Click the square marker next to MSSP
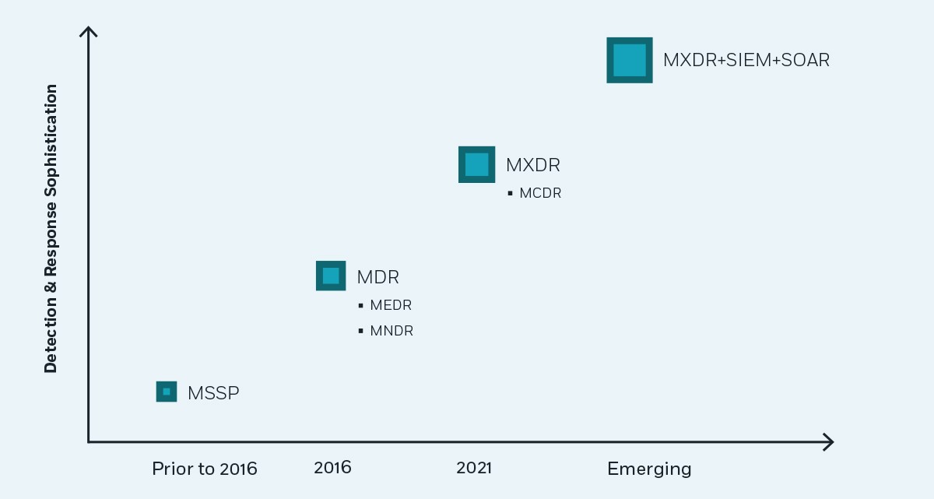[x=167, y=392]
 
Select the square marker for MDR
[x=331, y=276]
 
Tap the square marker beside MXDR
[x=476, y=164]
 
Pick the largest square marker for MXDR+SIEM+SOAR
[x=630, y=60]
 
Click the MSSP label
[x=213, y=393]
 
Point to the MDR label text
[x=377, y=277]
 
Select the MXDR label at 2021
[x=532, y=165]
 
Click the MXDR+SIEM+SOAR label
[x=746, y=60]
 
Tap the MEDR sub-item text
[x=391, y=305]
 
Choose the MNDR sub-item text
[x=392, y=331]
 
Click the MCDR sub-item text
[x=540, y=193]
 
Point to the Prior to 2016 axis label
[x=205, y=469]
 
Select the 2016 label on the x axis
[x=332, y=468]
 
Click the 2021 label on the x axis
[x=474, y=468]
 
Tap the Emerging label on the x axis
[x=649, y=469]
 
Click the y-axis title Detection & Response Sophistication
[x=51, y=229]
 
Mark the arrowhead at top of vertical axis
[x=89, y=31]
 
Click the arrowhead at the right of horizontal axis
[x=829, y=442]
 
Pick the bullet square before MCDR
[x=511, y=193]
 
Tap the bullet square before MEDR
[x=361, y=306]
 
